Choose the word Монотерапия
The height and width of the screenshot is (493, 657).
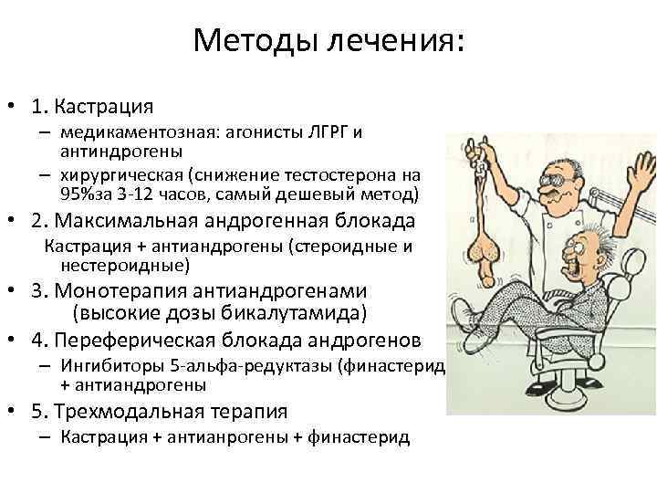pos(131,291)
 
